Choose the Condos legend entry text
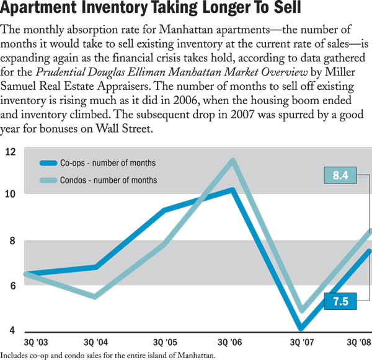108,180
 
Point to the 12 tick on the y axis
10,152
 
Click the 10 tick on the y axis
10,193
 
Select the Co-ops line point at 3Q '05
164,211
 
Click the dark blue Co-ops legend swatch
48,164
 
